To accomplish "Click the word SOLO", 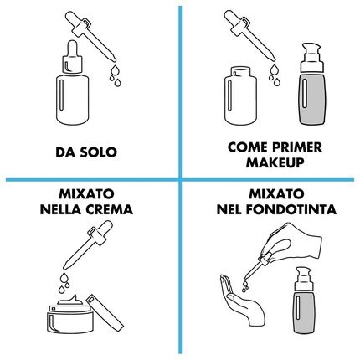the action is [98, 152].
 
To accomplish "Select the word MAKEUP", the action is [275, 162].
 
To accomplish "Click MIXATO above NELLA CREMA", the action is [86, 194].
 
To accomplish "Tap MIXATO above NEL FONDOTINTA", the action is [276, 194].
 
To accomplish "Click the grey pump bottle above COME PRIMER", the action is [312, 84].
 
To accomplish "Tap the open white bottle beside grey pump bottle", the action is [240, 95].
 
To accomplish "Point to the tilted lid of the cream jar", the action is [105, 311].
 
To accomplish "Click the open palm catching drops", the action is [241, 300].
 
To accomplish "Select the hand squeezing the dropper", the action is [291, 243].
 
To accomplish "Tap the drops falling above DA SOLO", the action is [116, 75].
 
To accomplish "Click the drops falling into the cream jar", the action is [64, 283].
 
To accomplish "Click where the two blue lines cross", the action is [180, 180].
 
